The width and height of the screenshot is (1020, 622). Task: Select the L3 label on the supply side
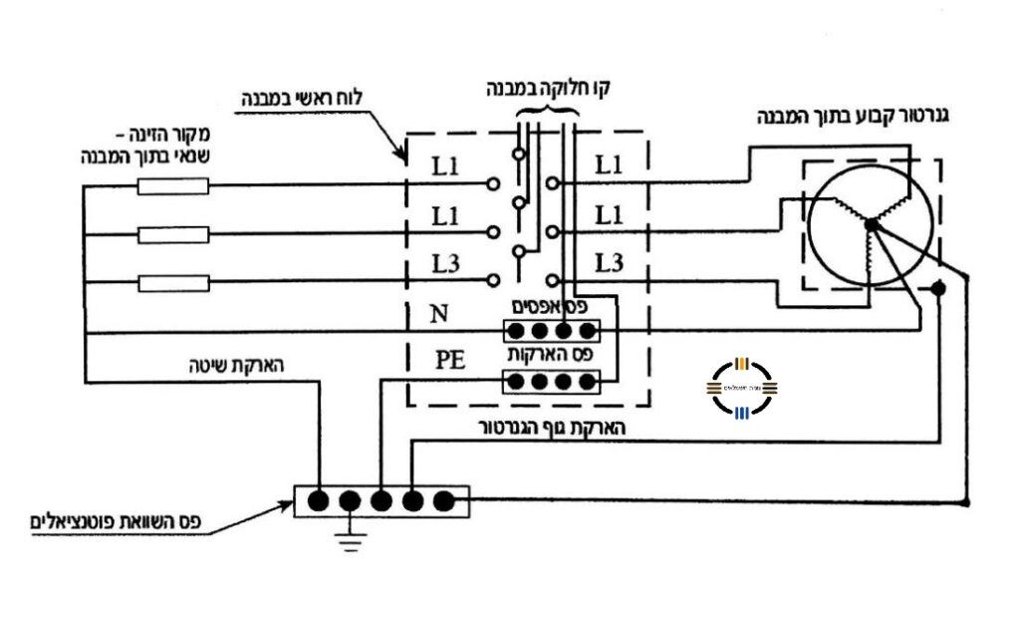pyautogui.click(x=446, y=265)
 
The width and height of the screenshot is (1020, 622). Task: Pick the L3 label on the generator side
pyautogui.click(x=610, y=264)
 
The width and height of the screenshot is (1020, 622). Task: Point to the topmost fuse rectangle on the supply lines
pyautogui.click(x=173, y=185)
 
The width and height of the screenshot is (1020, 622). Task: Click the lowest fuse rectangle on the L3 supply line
pyautogui.click(x=173, y=283)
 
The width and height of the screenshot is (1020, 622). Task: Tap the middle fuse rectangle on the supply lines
pyautogui.click(x=173, y=234)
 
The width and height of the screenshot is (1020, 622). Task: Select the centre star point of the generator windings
pyautogui.click(x=870, y=224)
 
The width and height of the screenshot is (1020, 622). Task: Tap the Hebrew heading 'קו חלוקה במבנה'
pyautogui.click(x=549, y=88)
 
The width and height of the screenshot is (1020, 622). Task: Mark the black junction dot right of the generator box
pyautogui.click(x=937, y=289)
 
